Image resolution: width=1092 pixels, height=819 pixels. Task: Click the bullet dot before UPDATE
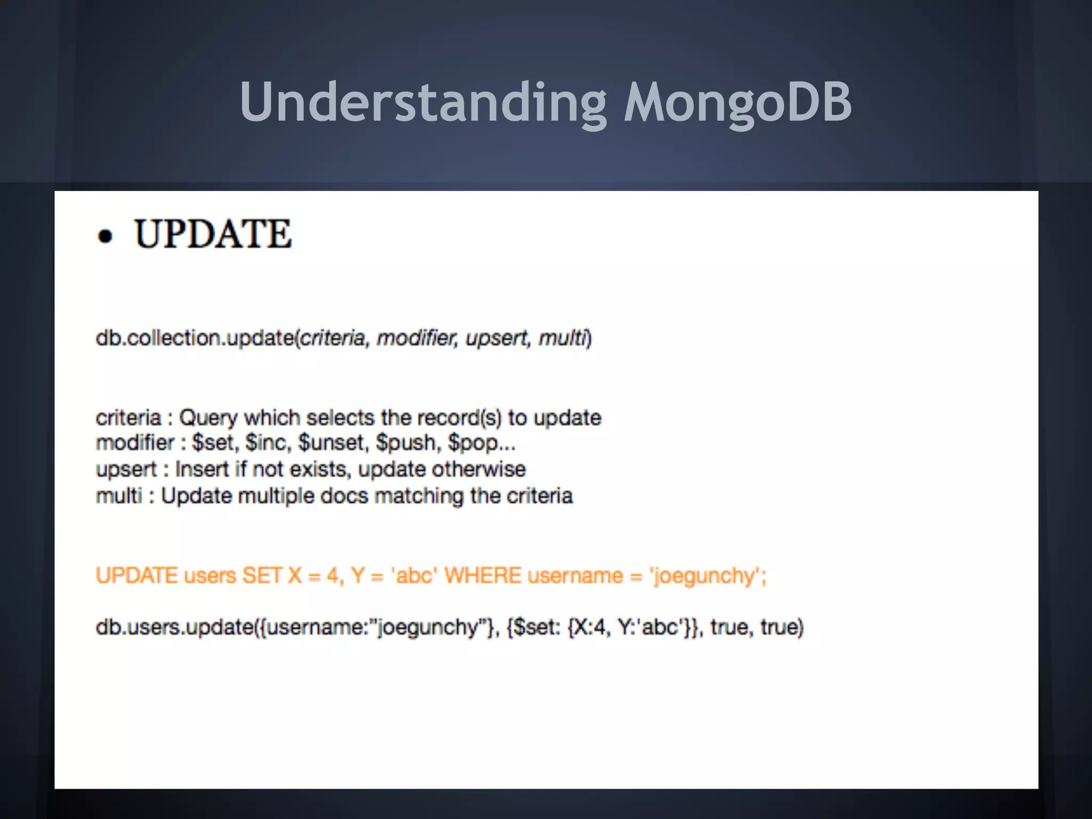(x=106, y=236)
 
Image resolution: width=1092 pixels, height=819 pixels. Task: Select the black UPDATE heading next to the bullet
(x=213, y=234)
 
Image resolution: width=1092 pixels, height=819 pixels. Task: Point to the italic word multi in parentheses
(x=561, y=338)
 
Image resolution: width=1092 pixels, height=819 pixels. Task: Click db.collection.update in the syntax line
(x=195, y=338)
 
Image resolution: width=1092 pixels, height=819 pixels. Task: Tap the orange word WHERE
(x=483, y=576)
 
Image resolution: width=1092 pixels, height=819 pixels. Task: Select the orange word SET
(x=262, y=576)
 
